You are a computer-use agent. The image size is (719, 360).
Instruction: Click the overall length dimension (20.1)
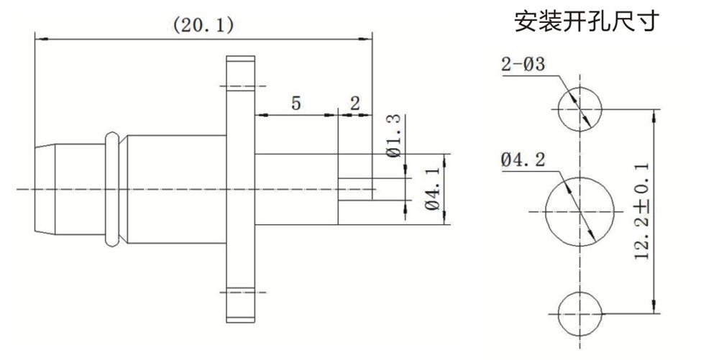tap(203, 26)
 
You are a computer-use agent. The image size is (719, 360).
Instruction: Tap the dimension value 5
tap(296, 103)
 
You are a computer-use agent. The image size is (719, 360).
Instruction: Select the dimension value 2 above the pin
tap(354, 103)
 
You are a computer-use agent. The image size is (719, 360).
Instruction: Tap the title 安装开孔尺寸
tap(585, 22)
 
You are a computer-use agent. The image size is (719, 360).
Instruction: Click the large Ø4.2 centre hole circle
tap(581, 211)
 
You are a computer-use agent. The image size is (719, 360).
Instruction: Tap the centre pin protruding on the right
tap(356, 190)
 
